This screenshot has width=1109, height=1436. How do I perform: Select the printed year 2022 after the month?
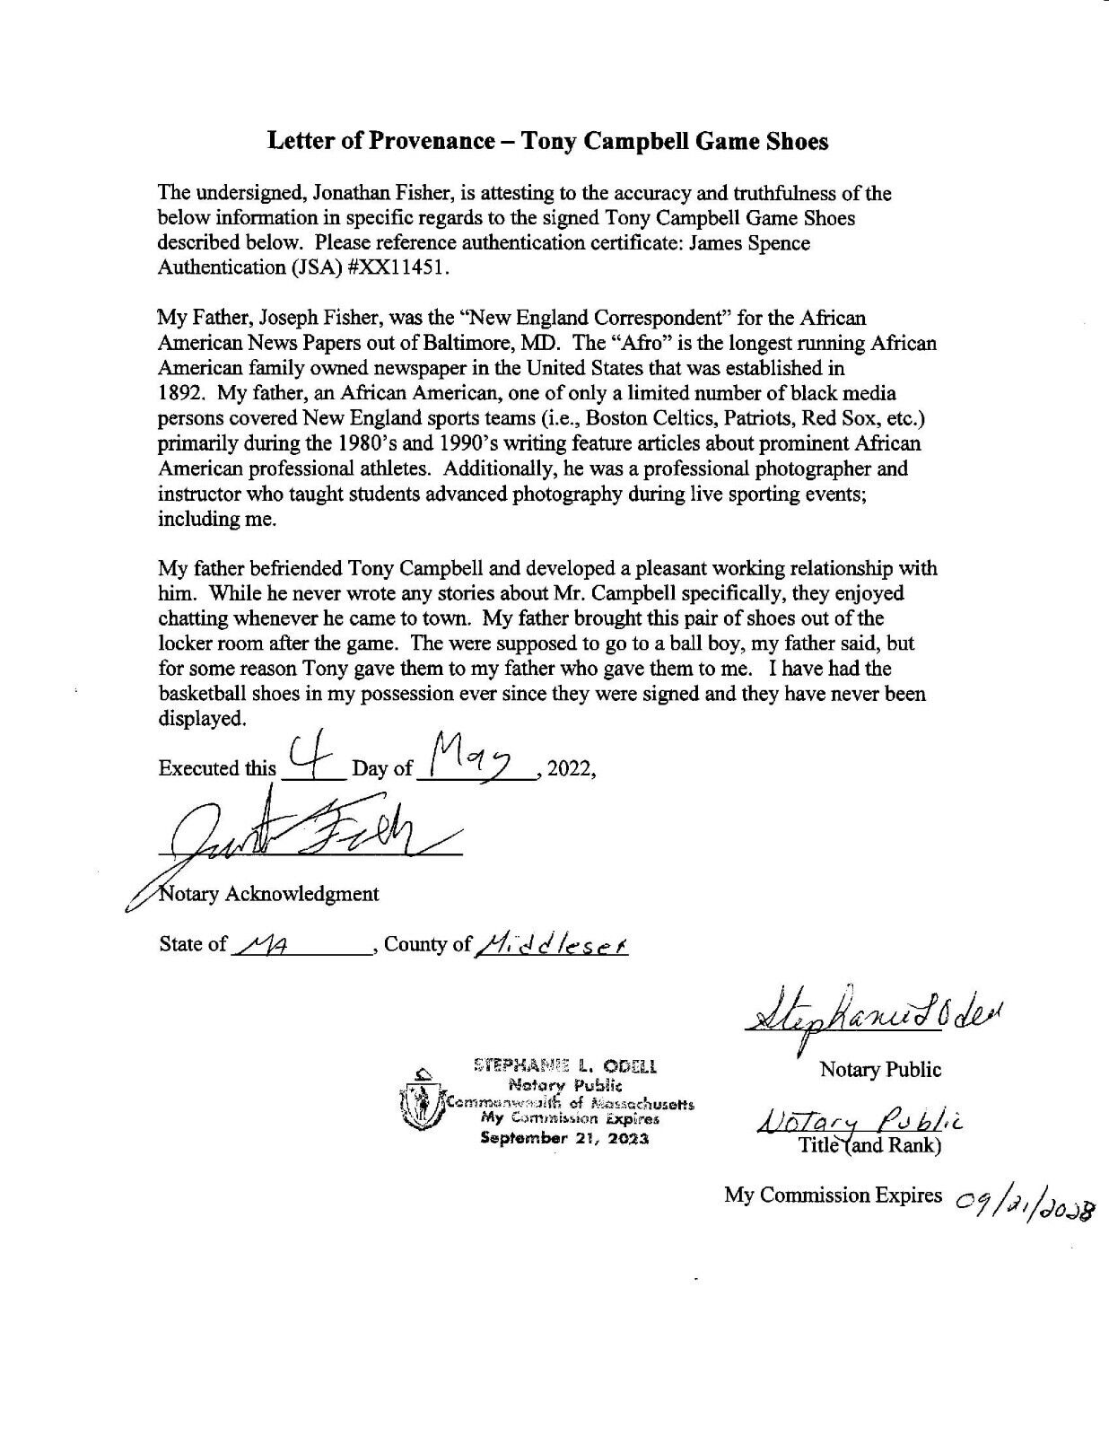pyautogui.click(x=571, y=767)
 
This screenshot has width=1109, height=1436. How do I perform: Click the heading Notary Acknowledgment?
pyautogui.click(x=268, y=893)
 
